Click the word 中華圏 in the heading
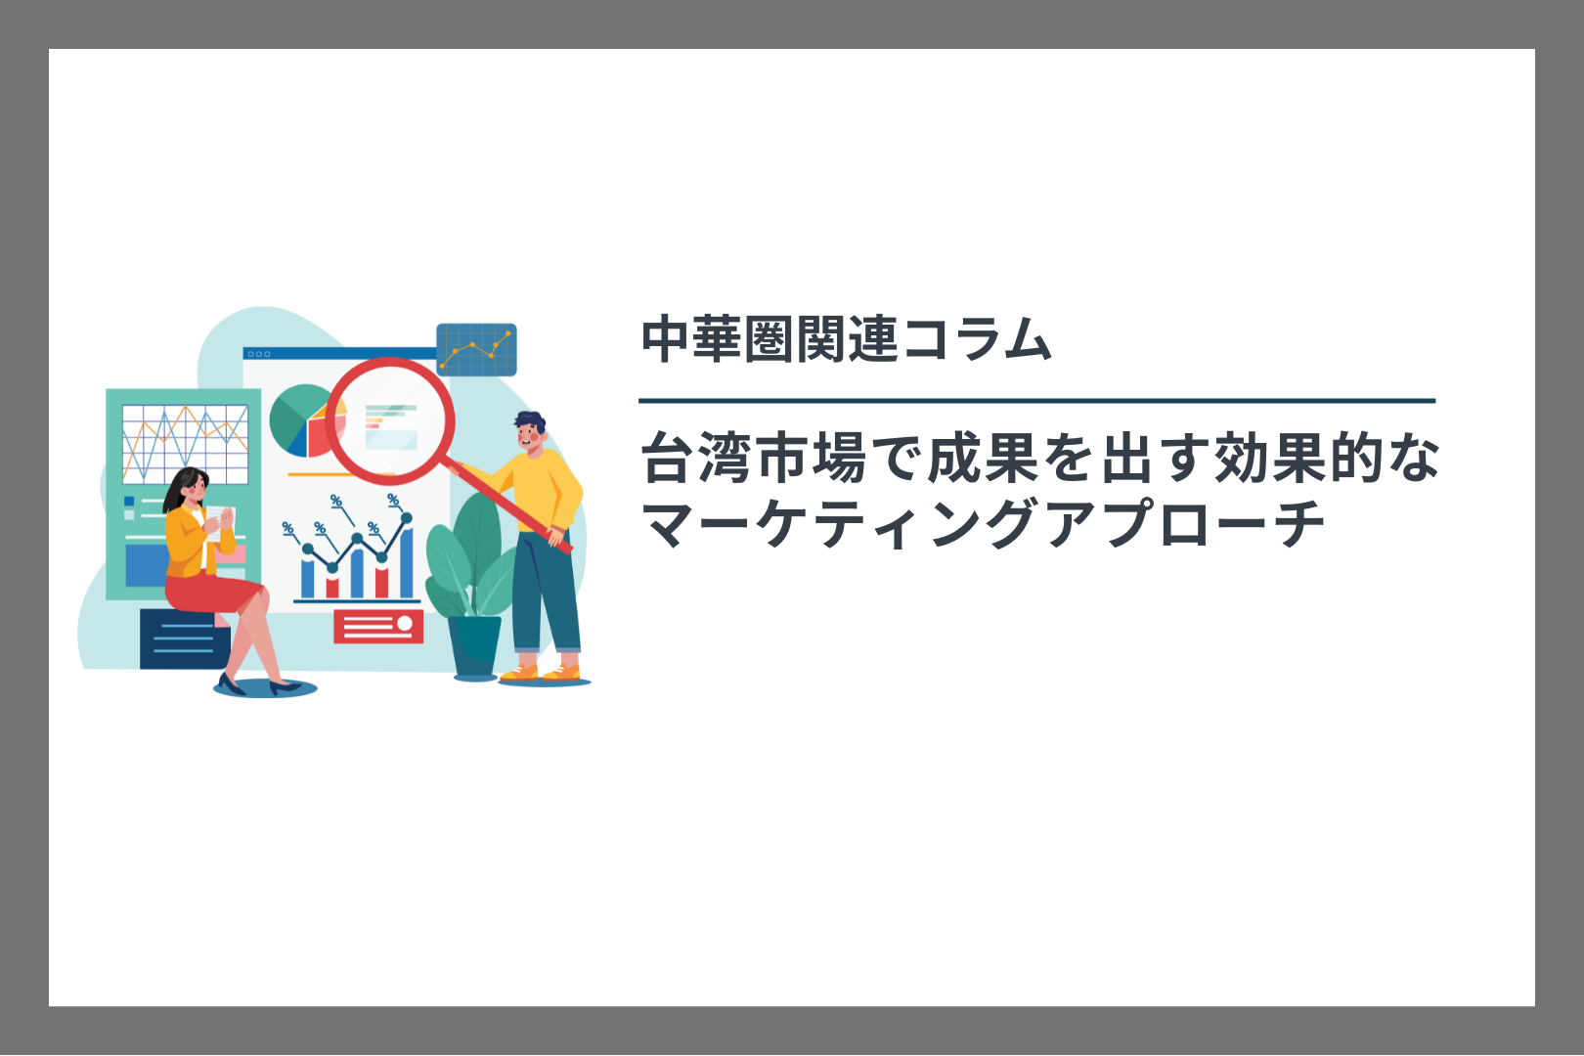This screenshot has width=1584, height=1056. point(718,339)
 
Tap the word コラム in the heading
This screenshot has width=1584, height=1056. point(976,339)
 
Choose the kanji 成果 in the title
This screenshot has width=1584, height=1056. point(984,458)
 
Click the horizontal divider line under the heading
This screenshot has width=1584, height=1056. point(1036,401)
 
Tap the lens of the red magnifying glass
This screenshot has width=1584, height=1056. point(389,420)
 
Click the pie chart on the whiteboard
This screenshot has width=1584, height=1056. point(305,420)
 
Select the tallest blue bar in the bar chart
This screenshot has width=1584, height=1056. point(407,561)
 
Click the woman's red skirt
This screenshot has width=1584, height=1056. point(211,593)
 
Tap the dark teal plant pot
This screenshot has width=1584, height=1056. point(474,645)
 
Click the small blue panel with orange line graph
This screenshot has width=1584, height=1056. point(476,349)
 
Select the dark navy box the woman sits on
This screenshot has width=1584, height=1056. point(184,639)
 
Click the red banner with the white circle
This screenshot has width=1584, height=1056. point(378,627)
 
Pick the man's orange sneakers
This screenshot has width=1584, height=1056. point(541,672)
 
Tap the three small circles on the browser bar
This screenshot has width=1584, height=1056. point(259,354)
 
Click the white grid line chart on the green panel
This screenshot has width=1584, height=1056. point(185,444)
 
